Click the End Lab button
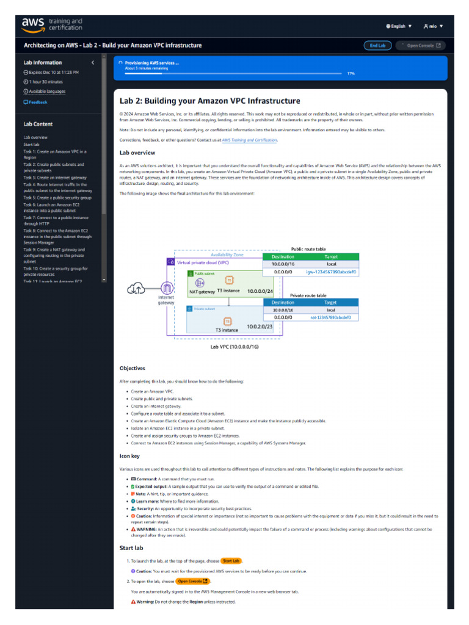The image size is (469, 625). pyautogui.click(x=378, y=45)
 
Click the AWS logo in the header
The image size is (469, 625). pyautogui.click(x=33, y=24)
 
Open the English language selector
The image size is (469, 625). pyautogui.click(x=399, y=26)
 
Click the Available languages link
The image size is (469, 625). pyautogui.click(x=46, y=92)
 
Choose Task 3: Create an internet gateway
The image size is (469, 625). pyautogui.click(x=55, y=178)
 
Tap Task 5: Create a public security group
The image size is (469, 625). pyautogui.click(x=57, y=198)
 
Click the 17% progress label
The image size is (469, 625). pyautogui.click(x=351, y=73)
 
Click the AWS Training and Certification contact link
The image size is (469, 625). pyautogui.click(x=249, y=140)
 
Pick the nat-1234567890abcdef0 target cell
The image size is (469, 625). pyautogui.click(x=330, y=317)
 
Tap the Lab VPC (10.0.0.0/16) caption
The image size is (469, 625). pyautogui.click(x=234, y=347)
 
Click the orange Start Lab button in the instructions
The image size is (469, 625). pyautogui.click(x=231, y=560)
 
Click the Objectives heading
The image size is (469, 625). pyautogui.click(x=133, y=368)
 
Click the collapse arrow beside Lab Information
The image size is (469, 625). pyautogui.click(x=93, y=63)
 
